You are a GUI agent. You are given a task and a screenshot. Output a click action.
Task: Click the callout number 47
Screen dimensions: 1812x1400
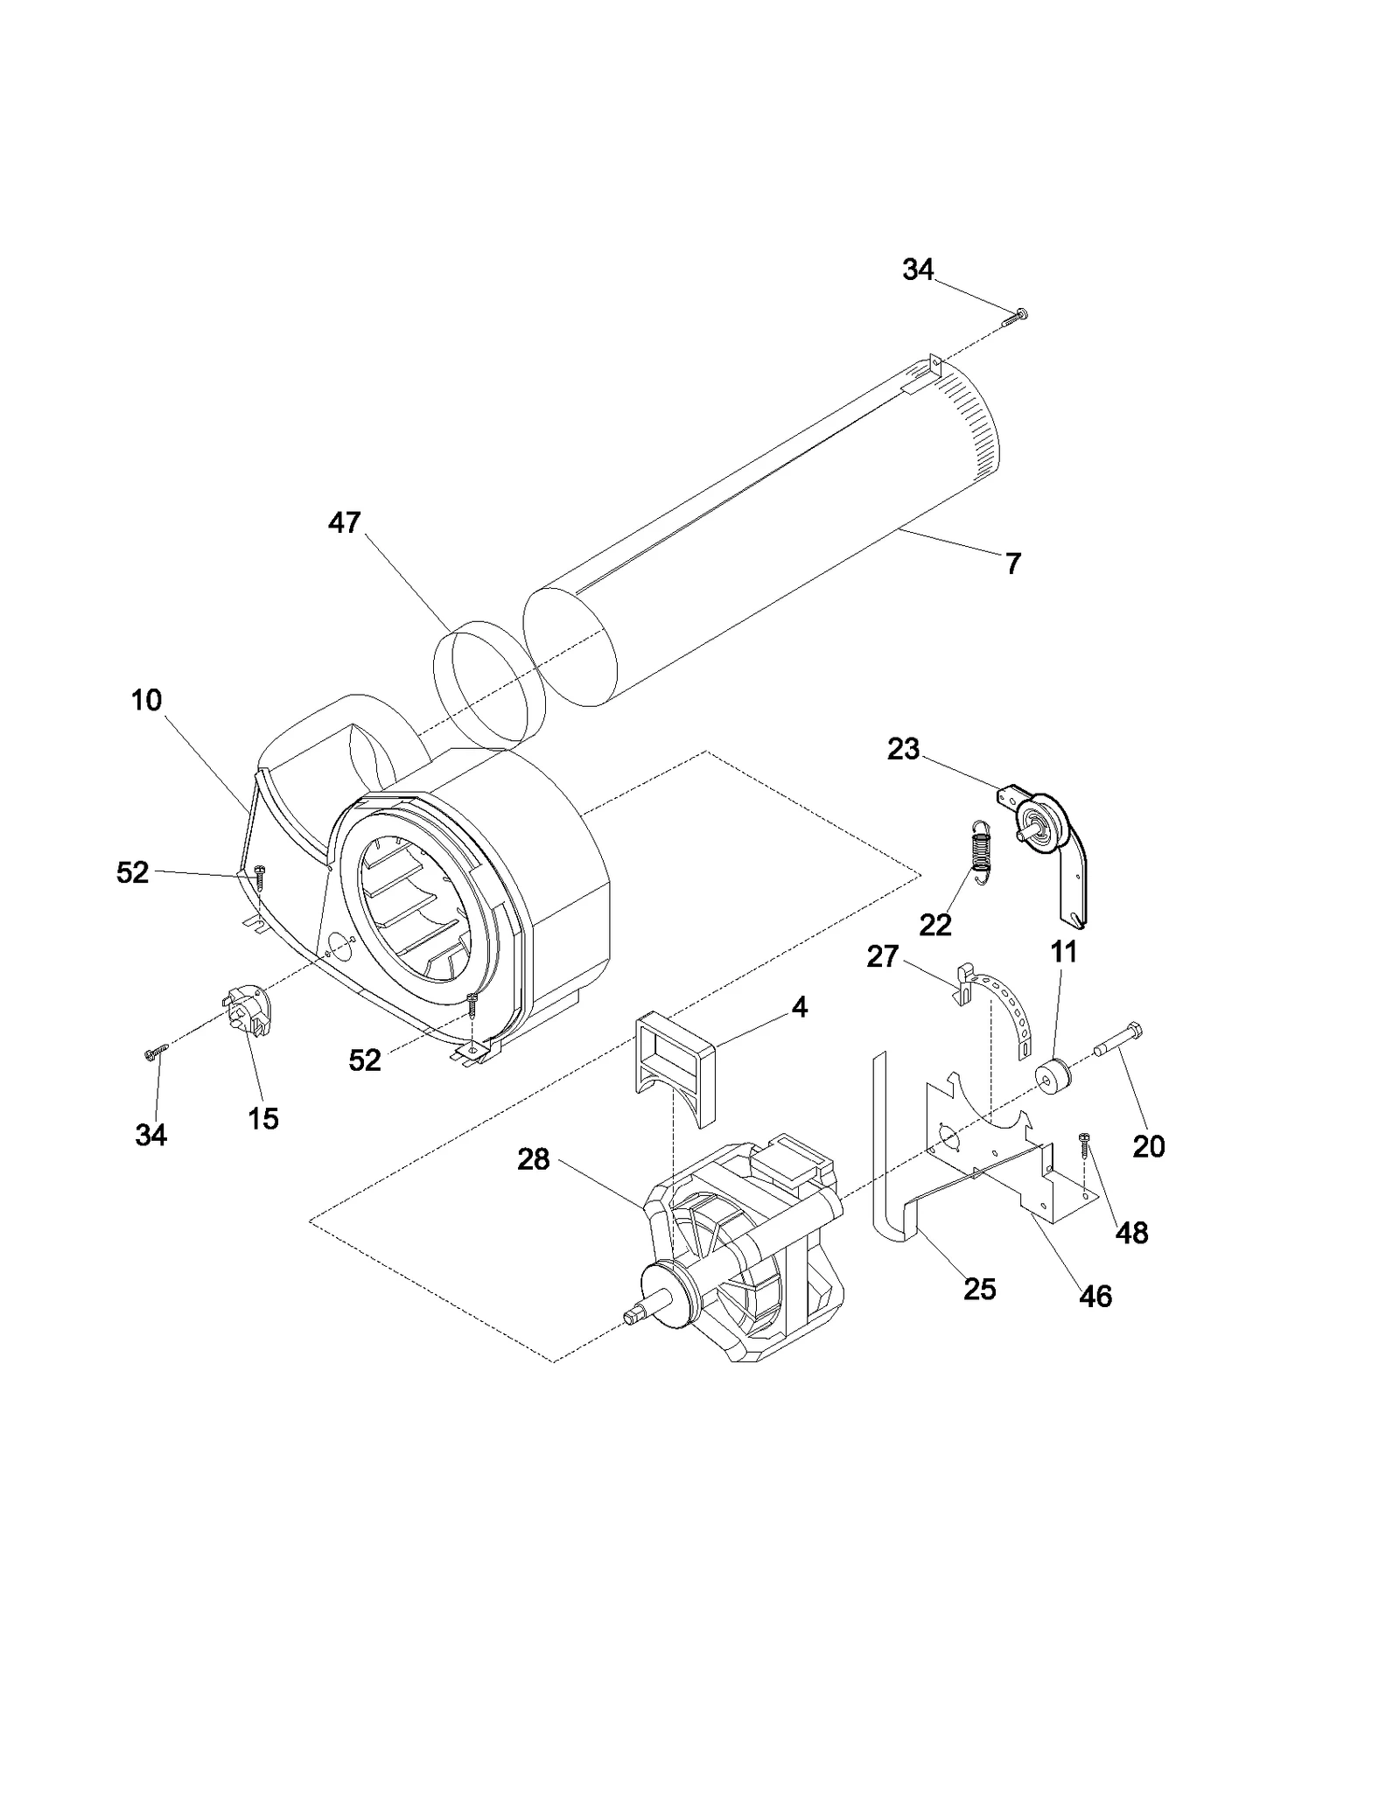[344, 522]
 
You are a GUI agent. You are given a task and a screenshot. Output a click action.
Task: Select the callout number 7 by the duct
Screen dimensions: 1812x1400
[1012, 564]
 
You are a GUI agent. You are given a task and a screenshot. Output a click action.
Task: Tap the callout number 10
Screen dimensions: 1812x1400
[147, 700]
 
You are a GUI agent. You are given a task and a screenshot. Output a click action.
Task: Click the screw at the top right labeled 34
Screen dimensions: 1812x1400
[1015, 318]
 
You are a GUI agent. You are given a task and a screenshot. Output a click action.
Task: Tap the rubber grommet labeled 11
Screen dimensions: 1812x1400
[1053, 1075]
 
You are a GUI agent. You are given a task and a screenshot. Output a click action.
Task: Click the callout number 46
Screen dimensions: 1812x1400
[1095, 1297]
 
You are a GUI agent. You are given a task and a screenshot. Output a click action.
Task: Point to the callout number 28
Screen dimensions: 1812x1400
[533, 1160]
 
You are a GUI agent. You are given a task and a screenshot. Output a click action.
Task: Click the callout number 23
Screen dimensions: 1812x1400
[903, 749]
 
